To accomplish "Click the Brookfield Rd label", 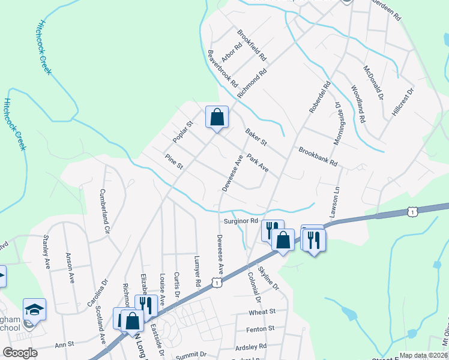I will [252, 46].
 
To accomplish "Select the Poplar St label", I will [182, 132].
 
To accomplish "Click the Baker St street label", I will [256, 136].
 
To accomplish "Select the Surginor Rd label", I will [241, 221].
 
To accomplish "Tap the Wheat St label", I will [262, 312].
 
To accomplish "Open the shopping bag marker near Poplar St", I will [217, 117].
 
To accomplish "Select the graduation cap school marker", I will [34, 310].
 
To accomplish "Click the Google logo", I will [20, 353].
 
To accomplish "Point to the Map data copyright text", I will [423, 355].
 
